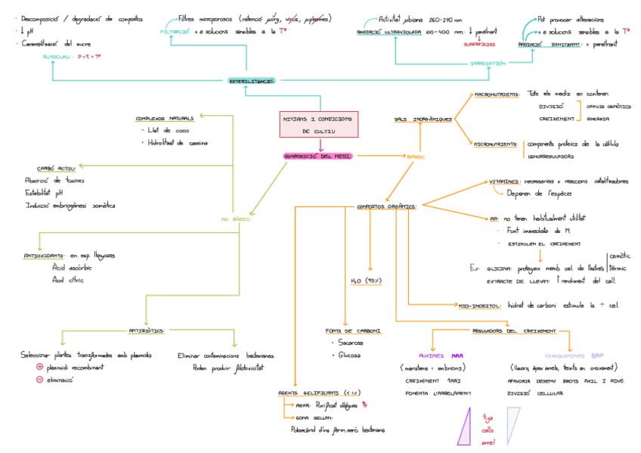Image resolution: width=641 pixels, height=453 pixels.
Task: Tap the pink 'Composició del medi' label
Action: pos(318,156)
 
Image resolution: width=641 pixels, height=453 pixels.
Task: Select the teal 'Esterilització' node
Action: pos(252,80)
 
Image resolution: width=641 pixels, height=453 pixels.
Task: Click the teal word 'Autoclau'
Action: pos(57,56)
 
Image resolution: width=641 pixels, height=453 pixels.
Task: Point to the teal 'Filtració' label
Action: pos(175,33)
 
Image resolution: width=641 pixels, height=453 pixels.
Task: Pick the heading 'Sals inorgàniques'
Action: pos(423,119)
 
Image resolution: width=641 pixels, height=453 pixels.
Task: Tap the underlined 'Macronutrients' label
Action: pos(496,95)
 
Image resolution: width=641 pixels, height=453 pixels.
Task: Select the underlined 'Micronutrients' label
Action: pos(496,144)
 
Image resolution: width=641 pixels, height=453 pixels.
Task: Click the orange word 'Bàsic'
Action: pos(416,157)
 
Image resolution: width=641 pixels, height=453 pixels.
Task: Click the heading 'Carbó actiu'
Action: pos(55,168)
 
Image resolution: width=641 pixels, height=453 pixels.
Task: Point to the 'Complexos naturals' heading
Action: pos(165,118)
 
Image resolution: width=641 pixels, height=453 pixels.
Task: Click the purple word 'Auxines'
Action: pos(431,355)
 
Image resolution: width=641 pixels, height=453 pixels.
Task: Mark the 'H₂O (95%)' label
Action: pos(368,281)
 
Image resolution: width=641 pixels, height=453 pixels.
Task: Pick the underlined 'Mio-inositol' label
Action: pos(480,306)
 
